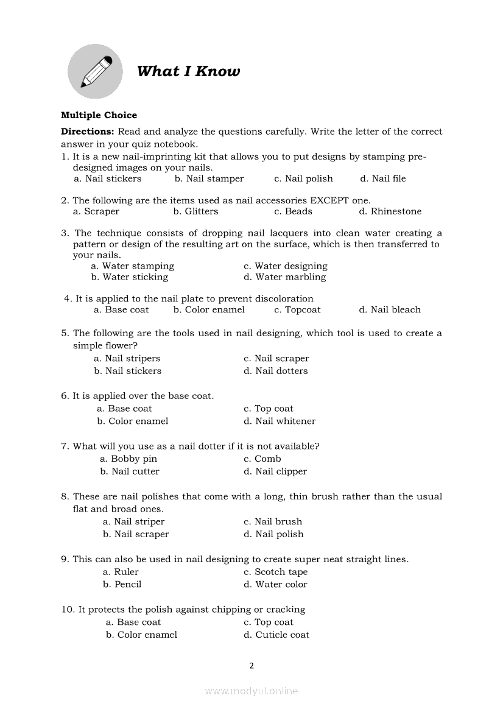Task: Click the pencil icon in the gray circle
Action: (x=97, y=71)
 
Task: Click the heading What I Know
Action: (x=188, y=71)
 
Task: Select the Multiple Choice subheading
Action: (x=99, y=115)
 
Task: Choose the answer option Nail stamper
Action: (x=209, y=178)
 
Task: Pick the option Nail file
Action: (x=383, y=178)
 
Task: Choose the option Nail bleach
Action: (x=390, y=310)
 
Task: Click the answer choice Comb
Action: (x=262, y=459)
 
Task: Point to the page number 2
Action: (x=251, y=666)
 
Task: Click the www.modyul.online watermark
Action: (x=251, y=691)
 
